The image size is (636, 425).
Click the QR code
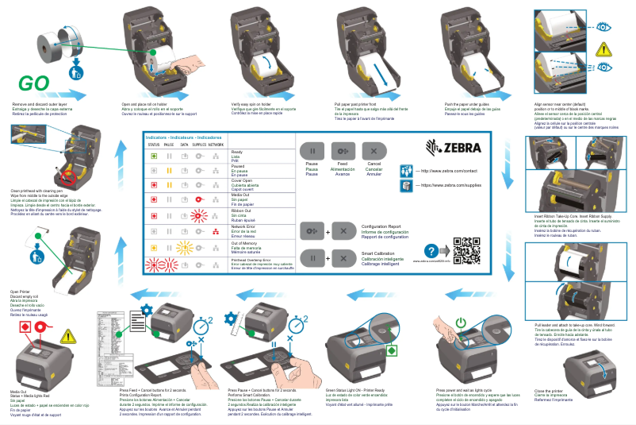(x=466, y=248)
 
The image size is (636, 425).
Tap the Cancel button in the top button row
(x=370, y=151)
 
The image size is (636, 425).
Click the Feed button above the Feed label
(x=342, y=151)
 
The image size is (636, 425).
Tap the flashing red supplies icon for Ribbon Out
(x=199, y=214)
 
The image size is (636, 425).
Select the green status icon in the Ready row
(x=154, y=154)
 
